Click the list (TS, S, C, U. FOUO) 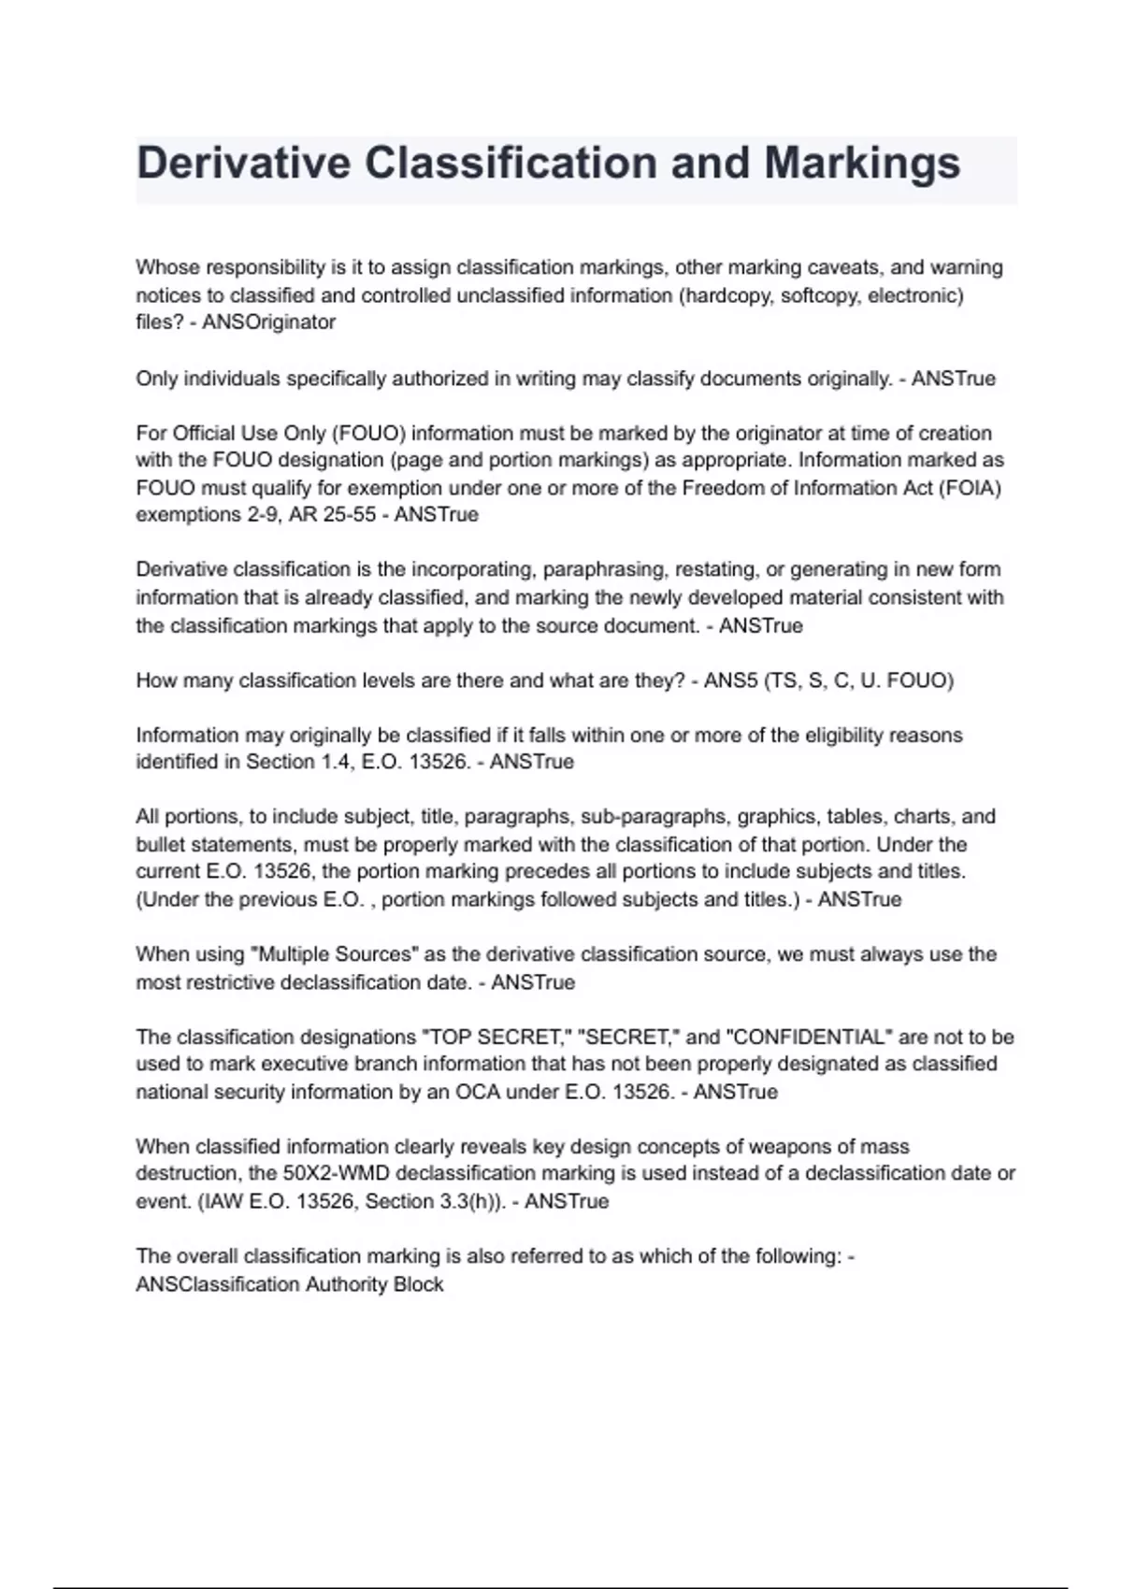[x=859, y=680]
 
